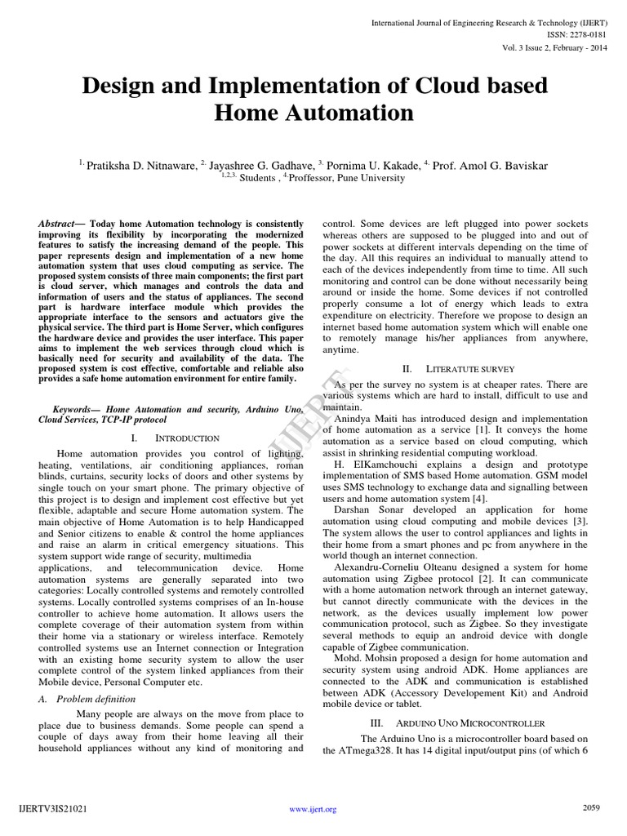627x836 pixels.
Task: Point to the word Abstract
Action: (x=56, y=223)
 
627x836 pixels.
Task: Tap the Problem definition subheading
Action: (x=92, y=700)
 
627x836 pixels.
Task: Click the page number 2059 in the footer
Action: (x=591, y=808)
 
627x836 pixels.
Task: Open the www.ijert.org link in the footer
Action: (x=313, y=809)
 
